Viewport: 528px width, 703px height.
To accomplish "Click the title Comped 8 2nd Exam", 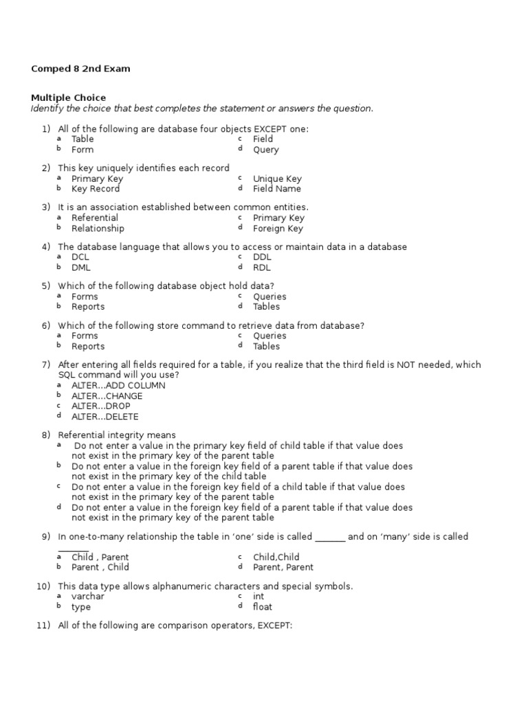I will [x=80, y=69].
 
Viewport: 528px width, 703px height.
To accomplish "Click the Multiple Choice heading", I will [x=69, y=97].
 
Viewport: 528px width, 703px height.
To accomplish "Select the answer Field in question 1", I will [x=263, y=139].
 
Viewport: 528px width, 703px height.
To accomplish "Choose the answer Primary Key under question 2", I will [x=97, y=178].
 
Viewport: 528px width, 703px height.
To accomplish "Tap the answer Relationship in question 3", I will [x=98, y=228].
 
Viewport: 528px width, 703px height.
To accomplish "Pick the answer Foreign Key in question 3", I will [x=278, y=229].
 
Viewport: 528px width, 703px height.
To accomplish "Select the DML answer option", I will [x=80, y=268].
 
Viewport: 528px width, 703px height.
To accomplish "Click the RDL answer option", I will [x=262, y=268].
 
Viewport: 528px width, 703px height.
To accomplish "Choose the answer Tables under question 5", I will [x=266, y=307].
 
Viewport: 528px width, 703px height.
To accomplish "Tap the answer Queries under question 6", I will [x=269, y=336].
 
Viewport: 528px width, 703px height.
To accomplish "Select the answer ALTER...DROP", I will [x=100, y=406].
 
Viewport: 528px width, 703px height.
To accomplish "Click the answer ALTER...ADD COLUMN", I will [x=118, y=385].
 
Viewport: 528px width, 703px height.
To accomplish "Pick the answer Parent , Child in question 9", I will [x=100, y=567].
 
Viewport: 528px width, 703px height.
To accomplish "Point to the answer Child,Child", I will [x=276, y=557].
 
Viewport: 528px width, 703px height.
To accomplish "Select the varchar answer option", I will [x=88, y=596].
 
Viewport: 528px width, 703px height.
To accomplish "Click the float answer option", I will [x=262, y=607].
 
